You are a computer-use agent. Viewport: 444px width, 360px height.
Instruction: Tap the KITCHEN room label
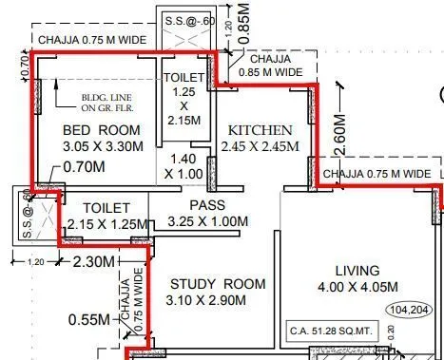[260, 130]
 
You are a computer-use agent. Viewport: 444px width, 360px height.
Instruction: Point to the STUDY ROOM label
[218, 284]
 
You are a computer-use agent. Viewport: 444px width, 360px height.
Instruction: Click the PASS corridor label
[205, 205]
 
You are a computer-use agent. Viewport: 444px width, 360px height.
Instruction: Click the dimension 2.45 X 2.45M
[260, 147]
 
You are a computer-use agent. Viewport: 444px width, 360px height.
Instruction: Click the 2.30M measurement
[93, 260]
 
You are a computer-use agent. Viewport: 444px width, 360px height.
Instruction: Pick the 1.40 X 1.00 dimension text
[183, 167]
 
